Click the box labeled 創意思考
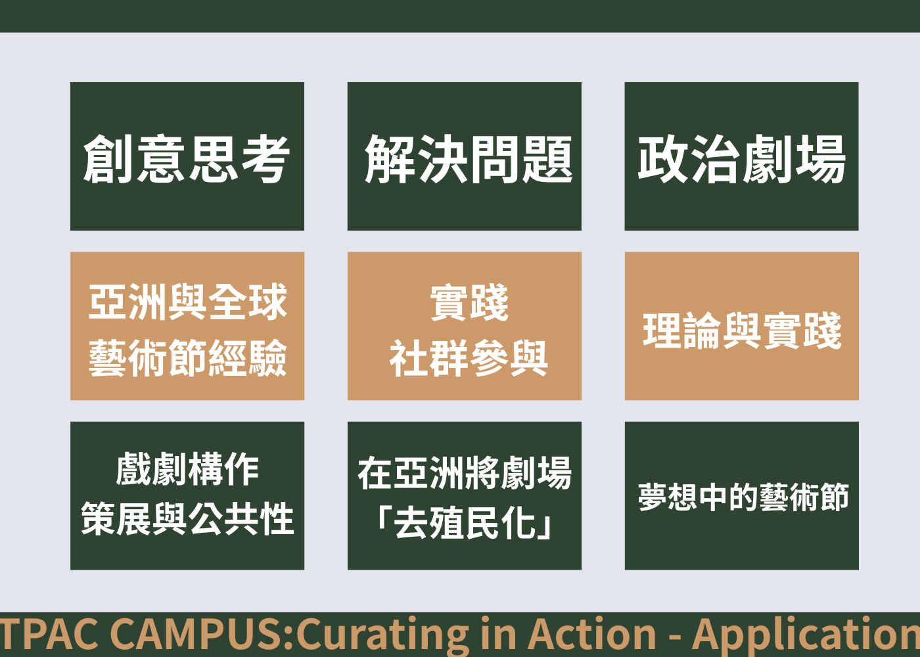187,156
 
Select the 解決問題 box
465,156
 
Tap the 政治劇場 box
742,156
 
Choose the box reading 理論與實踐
742,326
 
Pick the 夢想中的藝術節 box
742,495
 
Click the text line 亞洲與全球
187,302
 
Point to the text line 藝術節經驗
187,357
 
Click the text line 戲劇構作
187,469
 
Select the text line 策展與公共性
187,518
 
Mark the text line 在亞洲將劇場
465,473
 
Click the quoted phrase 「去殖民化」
465,523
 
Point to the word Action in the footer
591,635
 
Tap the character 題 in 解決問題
548,158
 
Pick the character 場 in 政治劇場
821,158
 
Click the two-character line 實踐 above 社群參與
469,303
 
